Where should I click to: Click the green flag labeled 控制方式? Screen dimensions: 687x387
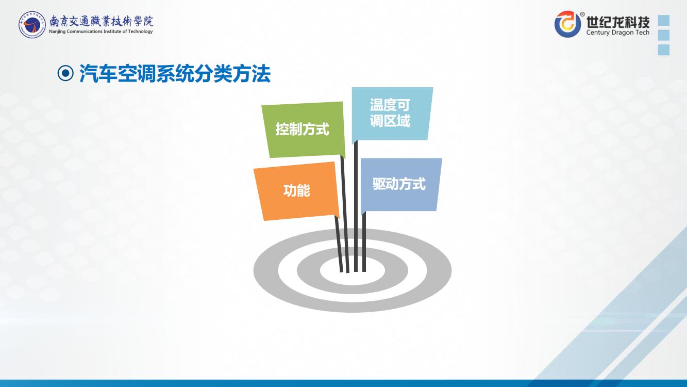(303, 130)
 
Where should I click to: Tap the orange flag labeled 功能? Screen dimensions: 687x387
(296, 191)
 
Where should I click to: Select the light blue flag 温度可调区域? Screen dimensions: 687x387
(392, 114)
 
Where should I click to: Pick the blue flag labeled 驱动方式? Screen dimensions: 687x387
(400, 185)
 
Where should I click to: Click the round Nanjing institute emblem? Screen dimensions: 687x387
(32, 25)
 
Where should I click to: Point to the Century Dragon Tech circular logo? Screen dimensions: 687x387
(567, 24)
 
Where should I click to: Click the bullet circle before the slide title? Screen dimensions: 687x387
(65, 73)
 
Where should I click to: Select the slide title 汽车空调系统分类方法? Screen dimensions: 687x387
(175, 74)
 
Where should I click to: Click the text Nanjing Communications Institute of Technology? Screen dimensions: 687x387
(101, 31)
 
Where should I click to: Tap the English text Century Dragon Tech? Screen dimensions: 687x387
(618, 32)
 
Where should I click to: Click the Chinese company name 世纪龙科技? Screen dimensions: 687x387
(618, 22)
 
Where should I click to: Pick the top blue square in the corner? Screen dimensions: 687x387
(664, 21)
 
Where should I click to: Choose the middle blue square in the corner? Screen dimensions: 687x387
(664, 35)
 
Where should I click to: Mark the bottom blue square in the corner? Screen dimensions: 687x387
(664, 50)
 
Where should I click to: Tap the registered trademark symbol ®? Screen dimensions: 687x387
(582, 14)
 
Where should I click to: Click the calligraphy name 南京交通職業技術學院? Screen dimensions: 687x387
(101, 21)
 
